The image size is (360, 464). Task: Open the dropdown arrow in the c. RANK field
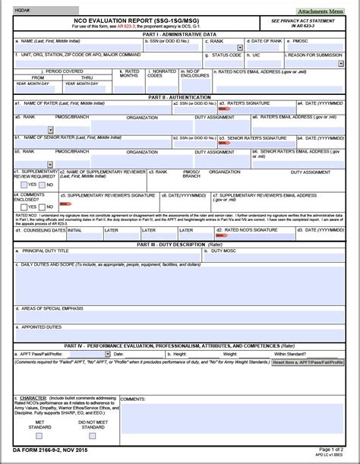(240, 47)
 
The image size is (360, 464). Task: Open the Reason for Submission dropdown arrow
(340, 64)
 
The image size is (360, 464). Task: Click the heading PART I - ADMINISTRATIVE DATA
(179, 34)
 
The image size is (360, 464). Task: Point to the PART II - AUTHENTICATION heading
(179, 96)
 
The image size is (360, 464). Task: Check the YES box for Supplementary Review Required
(24, 185)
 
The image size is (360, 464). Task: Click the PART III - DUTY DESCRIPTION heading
(179, 245)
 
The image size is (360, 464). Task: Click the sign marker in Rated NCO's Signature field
(223, 235)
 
